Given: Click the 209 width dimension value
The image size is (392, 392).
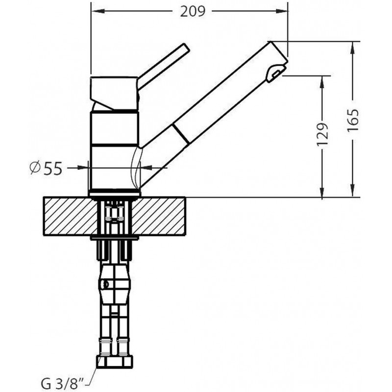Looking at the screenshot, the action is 193,11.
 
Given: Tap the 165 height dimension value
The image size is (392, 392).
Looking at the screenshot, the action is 353,120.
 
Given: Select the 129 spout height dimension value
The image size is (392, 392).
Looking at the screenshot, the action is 322,134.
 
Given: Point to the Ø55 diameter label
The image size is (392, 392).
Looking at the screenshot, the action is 46,168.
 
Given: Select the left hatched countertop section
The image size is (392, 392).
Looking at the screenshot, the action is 71,216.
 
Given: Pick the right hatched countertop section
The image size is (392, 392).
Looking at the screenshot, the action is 158,216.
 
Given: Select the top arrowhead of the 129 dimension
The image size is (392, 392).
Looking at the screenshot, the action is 322,82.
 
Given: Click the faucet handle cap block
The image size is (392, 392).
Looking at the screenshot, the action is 114,93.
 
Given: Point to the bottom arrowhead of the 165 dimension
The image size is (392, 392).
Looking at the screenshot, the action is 352,191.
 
